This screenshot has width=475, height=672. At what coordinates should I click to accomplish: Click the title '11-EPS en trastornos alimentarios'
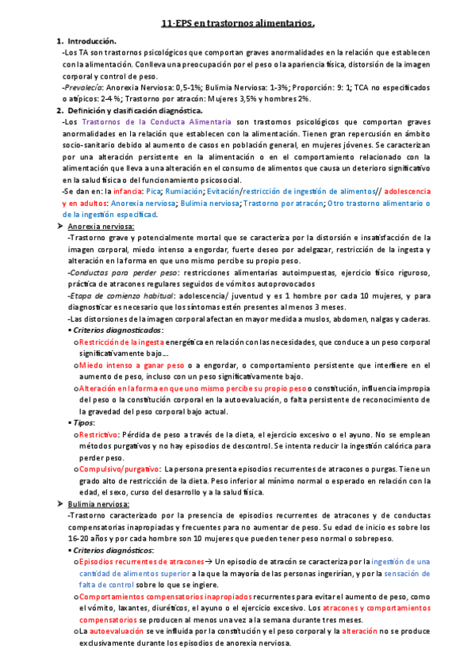[x=237, y=24]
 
